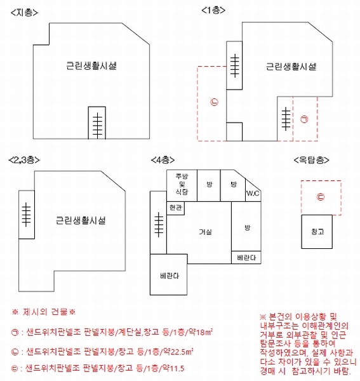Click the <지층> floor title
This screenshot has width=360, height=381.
(x=25, y=13)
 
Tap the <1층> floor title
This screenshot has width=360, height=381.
(x=213, y=10)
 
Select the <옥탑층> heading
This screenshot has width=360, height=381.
(x=311, y=160)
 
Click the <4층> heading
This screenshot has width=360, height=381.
(x=163, y=160)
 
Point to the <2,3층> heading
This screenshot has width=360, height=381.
(x=24, y=160)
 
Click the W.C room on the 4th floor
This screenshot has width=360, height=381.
(x=253, y=194)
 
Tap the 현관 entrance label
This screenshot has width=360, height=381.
(x=176, y=208)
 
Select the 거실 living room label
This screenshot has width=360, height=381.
(x=205, y=232)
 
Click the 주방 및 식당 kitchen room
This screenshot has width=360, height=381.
(x=182, y=185)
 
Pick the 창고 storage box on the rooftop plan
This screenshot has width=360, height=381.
(x=317, y=232)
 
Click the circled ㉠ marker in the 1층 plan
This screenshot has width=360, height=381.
(x=304, y=119)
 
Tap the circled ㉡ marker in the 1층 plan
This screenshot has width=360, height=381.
(x=214, y=102)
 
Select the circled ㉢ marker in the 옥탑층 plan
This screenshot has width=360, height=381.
(x=321, y=197)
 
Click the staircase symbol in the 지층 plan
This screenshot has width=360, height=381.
(x=97, y=125)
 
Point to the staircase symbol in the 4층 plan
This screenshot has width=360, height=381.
(x=159, y=225)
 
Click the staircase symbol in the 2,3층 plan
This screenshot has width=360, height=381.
(x=26, y=215)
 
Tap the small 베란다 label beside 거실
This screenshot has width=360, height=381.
(x=246, y=258)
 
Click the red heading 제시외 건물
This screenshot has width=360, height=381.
(x=44, y=312)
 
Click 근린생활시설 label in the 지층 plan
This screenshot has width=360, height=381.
(x=91, y=66)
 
